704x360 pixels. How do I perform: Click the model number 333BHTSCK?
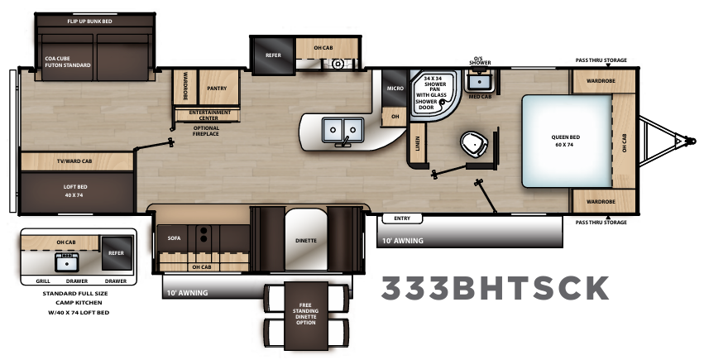[495, 287]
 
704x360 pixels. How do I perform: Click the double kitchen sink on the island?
[342, 129]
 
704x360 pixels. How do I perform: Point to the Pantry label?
[217, 88]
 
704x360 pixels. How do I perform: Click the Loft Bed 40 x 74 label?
[75, 190]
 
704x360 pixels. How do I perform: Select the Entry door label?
[402, 218]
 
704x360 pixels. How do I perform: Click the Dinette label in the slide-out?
[305, 241]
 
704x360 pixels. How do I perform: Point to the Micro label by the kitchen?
[394, 87]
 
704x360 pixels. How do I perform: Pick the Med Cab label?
[479, 96]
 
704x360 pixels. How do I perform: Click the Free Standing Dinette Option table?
[305, 314]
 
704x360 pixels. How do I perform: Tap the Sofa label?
[174, 237]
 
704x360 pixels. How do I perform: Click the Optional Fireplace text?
[206, 131]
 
